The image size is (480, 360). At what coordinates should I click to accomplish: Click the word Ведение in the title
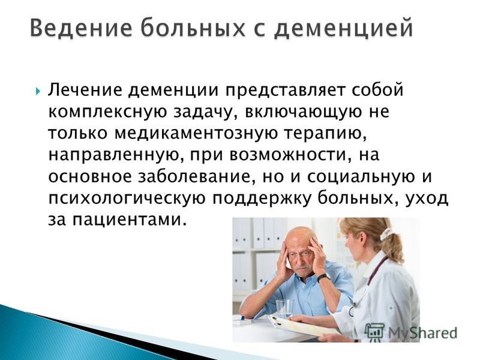coord(81,28)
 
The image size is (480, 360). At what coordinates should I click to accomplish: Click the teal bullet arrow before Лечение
coord(37,91)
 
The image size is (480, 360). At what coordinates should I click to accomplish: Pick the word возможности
coord(289,156)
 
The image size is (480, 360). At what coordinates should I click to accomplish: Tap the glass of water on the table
coord(284,308)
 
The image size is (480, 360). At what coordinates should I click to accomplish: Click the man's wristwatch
coord(323,277)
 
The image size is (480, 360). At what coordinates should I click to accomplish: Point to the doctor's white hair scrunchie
coord(386,234)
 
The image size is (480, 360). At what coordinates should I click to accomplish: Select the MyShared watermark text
coord(423,333)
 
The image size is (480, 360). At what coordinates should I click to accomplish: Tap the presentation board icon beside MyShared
coord(374,332)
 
